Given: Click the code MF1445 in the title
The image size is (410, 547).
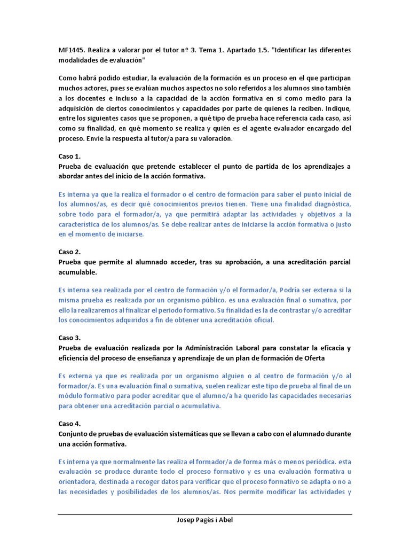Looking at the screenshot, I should [72, 50].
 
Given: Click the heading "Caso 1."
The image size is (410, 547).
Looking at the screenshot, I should [69, 157].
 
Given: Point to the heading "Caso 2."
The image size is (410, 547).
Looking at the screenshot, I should [69, 252].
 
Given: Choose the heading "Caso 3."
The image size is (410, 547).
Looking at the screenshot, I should [69, 338].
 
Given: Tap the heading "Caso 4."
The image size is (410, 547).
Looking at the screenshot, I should [69, 424].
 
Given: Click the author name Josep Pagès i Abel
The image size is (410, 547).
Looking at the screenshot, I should [204, 521].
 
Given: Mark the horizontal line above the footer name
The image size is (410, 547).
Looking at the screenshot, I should [204, 514].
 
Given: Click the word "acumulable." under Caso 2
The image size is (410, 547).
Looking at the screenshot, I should [79, 272].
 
